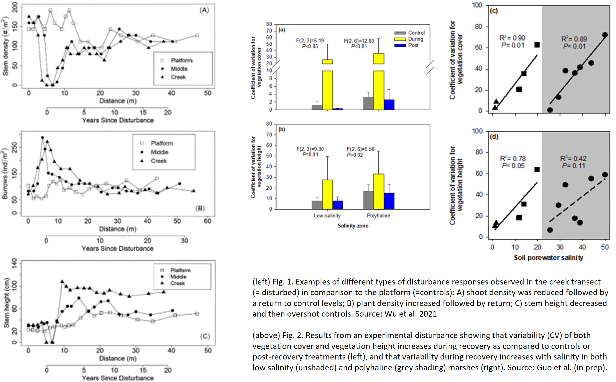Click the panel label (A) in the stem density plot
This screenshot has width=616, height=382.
coord(204,10)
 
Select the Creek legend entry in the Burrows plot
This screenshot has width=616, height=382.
coord(159,161)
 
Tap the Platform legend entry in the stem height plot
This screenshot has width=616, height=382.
coord(180,270)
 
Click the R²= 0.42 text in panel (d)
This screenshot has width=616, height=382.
coord(573,158)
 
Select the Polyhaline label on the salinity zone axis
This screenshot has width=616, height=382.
coord(378,216)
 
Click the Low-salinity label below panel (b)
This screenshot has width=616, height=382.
coord(327,216)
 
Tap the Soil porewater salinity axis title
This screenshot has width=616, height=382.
coord(548,258)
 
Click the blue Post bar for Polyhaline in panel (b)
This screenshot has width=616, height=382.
coord(389,201)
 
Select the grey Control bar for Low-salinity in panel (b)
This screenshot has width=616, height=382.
coord(317,205)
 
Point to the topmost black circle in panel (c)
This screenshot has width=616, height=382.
coord(605,35)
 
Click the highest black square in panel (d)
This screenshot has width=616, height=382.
coord(537,169)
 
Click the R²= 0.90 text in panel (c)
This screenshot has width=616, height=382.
coord(512,38)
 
